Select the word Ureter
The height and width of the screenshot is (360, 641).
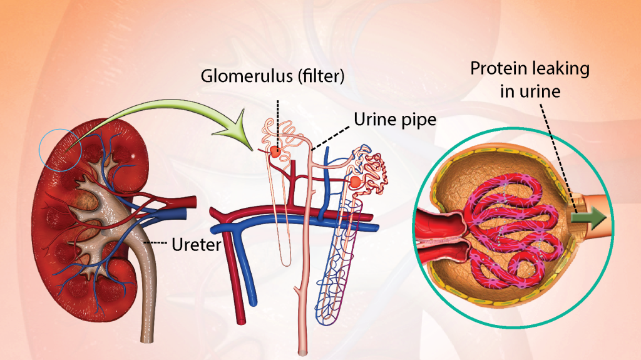pyautogui.click(x=196, y=245)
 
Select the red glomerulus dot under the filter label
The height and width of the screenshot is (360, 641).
pyautogui.click(x=275, y=153)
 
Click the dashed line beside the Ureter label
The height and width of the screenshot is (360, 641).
pyautogui.click(x=157, y=242)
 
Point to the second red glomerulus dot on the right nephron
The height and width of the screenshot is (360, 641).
pyautogui.click(x=356, y=182)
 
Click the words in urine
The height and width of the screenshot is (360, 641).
pyautogui.click(x=530, y=91)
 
